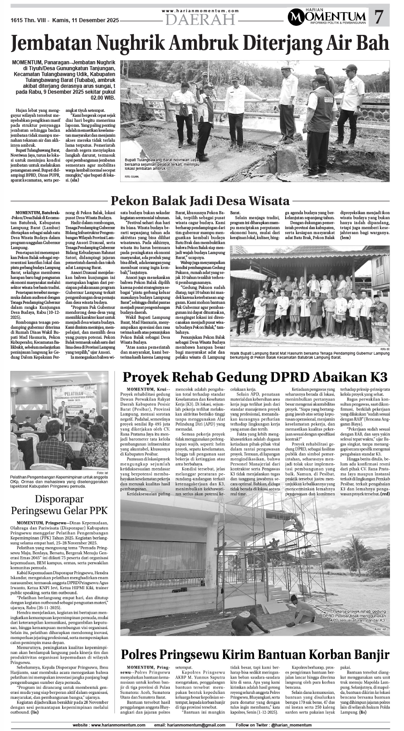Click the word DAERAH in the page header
(x=200, y=19)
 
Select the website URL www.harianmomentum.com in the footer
(x=118, y=725)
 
